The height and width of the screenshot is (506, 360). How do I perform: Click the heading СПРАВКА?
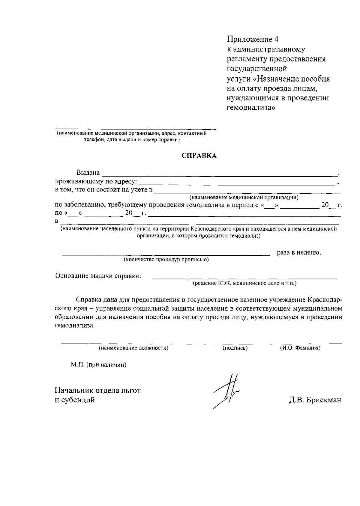[x=199, y=156]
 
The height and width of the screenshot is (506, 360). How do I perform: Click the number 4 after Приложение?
[x=276, y=40]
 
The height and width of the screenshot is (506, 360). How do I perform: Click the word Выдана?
[x=88, y=173]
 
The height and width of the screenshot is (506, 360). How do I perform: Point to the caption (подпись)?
[x=235, y=348]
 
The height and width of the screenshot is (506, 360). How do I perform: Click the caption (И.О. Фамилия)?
[x=300, y=348]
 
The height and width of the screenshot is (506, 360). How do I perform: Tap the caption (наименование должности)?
[x=133, y=348]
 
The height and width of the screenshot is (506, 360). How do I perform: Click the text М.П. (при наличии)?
[x=99, y=365]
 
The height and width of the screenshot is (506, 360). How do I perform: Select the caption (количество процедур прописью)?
[x=166, y=260]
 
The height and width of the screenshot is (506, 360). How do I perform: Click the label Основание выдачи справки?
[x=98, y=276]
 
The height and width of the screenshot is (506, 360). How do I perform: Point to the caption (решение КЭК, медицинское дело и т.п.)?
[x=244, y=283]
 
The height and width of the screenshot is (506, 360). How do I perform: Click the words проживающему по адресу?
[x=96, y=181]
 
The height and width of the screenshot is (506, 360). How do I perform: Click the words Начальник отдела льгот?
[x=97, y=391]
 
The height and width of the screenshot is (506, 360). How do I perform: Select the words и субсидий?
[x=75, y=400]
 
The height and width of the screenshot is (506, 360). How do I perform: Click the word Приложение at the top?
[x=250, y=40]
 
